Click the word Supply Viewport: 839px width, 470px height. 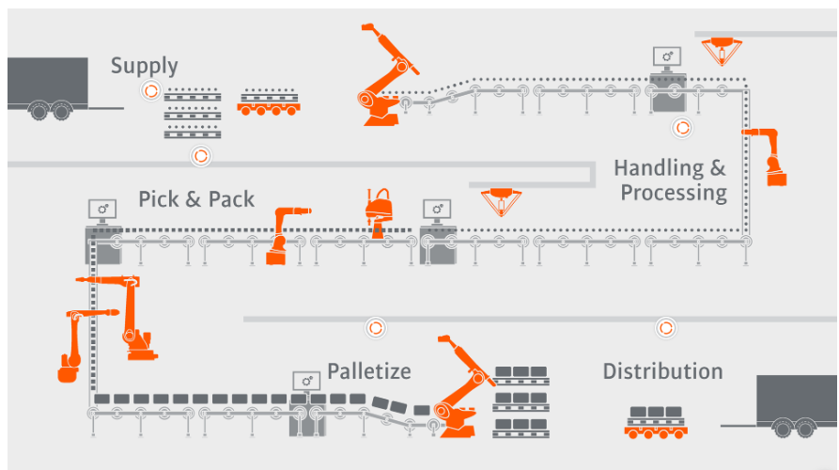pos(144,66)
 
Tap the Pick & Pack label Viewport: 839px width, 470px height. pos(196,199)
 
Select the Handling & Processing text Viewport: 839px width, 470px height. pos(671,180)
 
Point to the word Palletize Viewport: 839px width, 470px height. pos(368,371)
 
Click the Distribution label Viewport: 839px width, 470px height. pos(662,371)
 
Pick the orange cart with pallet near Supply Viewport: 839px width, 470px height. pos(269,102)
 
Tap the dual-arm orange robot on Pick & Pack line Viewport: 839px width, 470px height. pos(380,212)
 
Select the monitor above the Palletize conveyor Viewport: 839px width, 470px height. pos(305,382)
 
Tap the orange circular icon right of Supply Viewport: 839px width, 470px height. pos(149,90)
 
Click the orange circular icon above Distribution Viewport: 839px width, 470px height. pos(666,327)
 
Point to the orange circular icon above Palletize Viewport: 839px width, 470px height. pos(375,327)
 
